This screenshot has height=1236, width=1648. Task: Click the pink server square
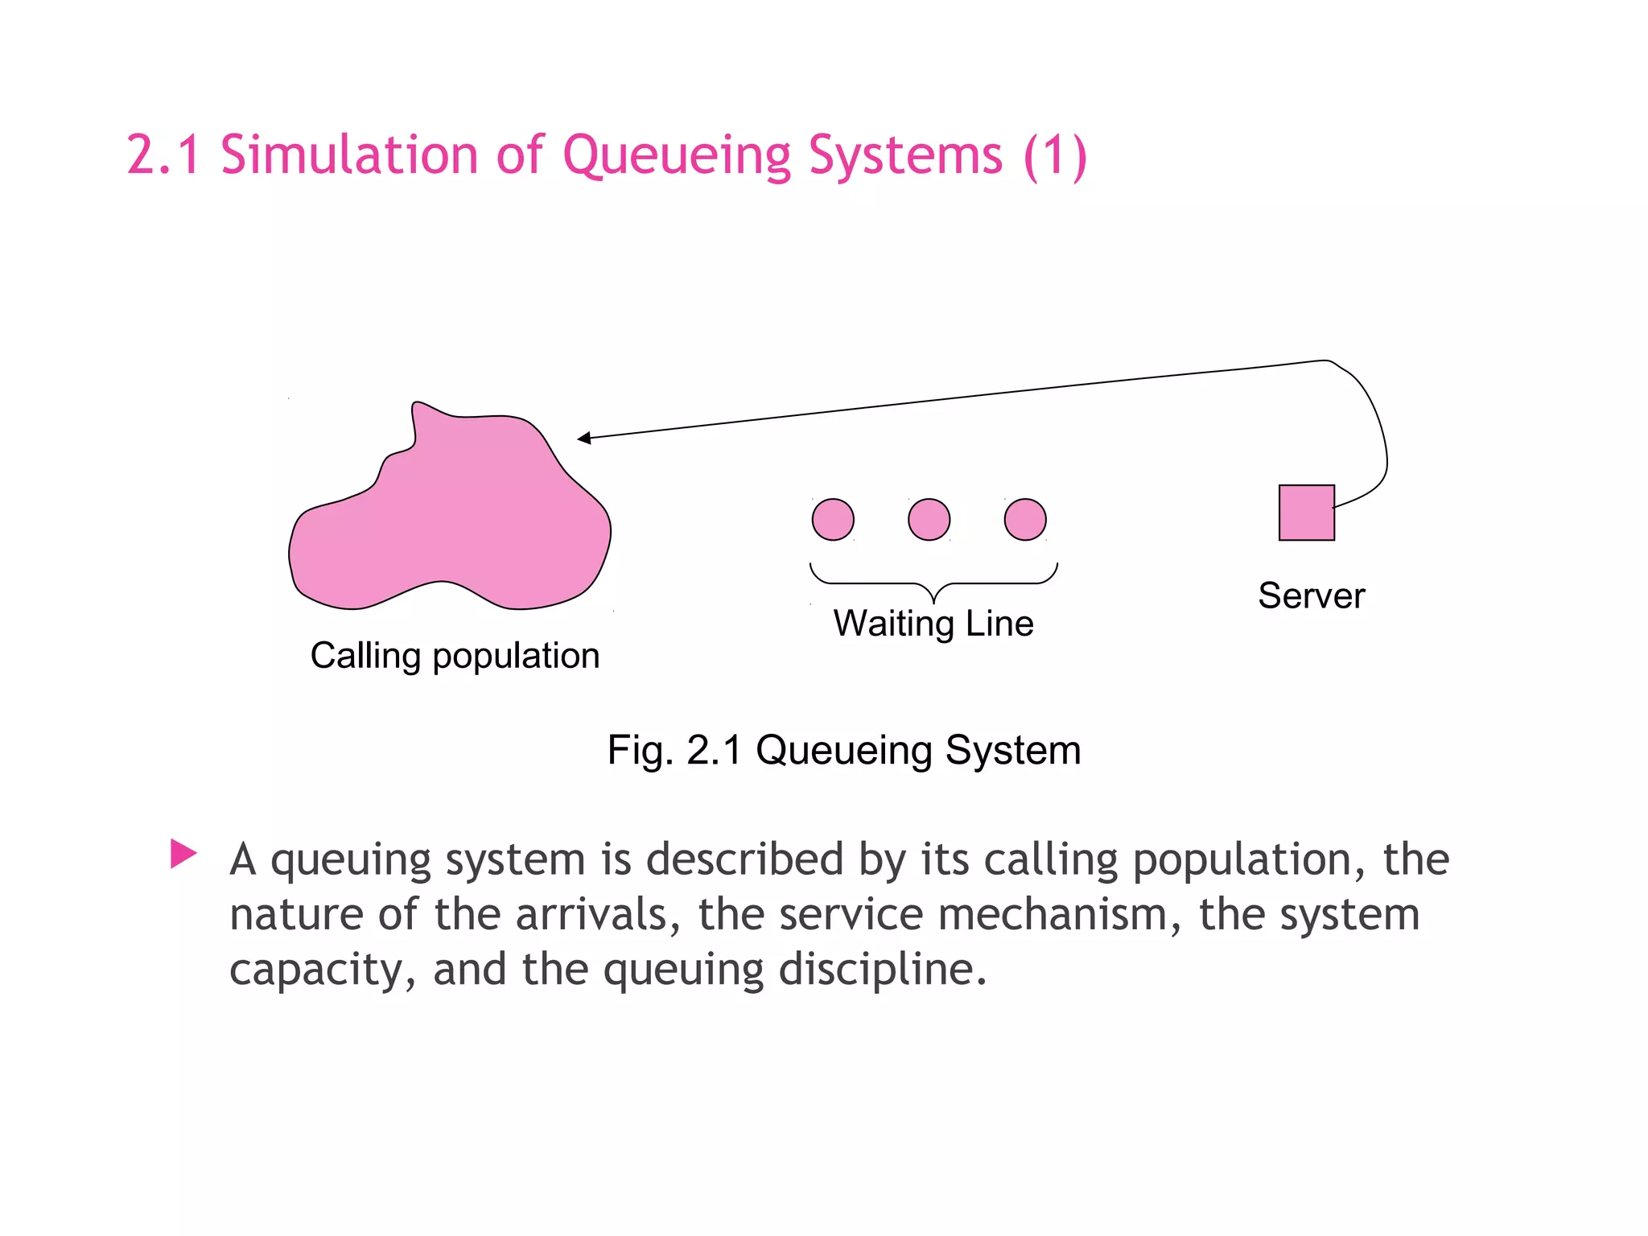point(1306,513)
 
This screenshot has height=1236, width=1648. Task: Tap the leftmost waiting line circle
point(833,519)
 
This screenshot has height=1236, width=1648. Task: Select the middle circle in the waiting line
point(929,519)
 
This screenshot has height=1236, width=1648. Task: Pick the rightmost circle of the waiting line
point(1025,519)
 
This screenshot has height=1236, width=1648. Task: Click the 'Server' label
point(1311,596)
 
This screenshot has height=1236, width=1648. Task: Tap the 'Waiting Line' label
point(933,624)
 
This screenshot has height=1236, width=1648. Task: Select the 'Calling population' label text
point(455,656)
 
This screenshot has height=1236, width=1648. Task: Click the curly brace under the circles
point(933,583)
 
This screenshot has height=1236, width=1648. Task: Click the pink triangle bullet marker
point(183,854)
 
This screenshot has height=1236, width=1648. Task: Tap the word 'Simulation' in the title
point(349,154)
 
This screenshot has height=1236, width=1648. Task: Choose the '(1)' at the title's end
point(1055,154)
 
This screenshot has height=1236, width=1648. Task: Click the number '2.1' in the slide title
point(163,154)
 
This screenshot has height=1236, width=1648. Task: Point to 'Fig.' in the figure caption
point(640,750)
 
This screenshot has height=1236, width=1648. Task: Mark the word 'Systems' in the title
point(905,154)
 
